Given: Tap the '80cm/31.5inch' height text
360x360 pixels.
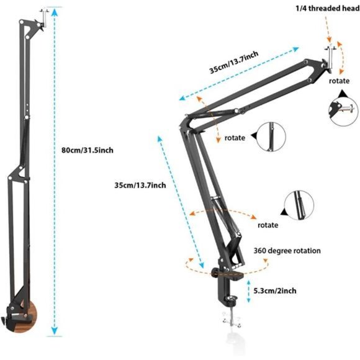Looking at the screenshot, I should coord(88,150).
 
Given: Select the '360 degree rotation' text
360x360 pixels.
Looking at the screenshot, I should coord(287,251).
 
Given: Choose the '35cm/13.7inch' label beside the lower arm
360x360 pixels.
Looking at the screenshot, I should coord(140,185).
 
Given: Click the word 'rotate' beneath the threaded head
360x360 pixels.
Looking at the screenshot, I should coord(339,81).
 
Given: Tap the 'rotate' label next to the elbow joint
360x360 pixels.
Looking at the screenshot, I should coord(235,137).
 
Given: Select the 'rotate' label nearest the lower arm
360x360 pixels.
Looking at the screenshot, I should coord(268,225).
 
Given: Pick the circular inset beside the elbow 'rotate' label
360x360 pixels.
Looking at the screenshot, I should coord(269,137).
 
